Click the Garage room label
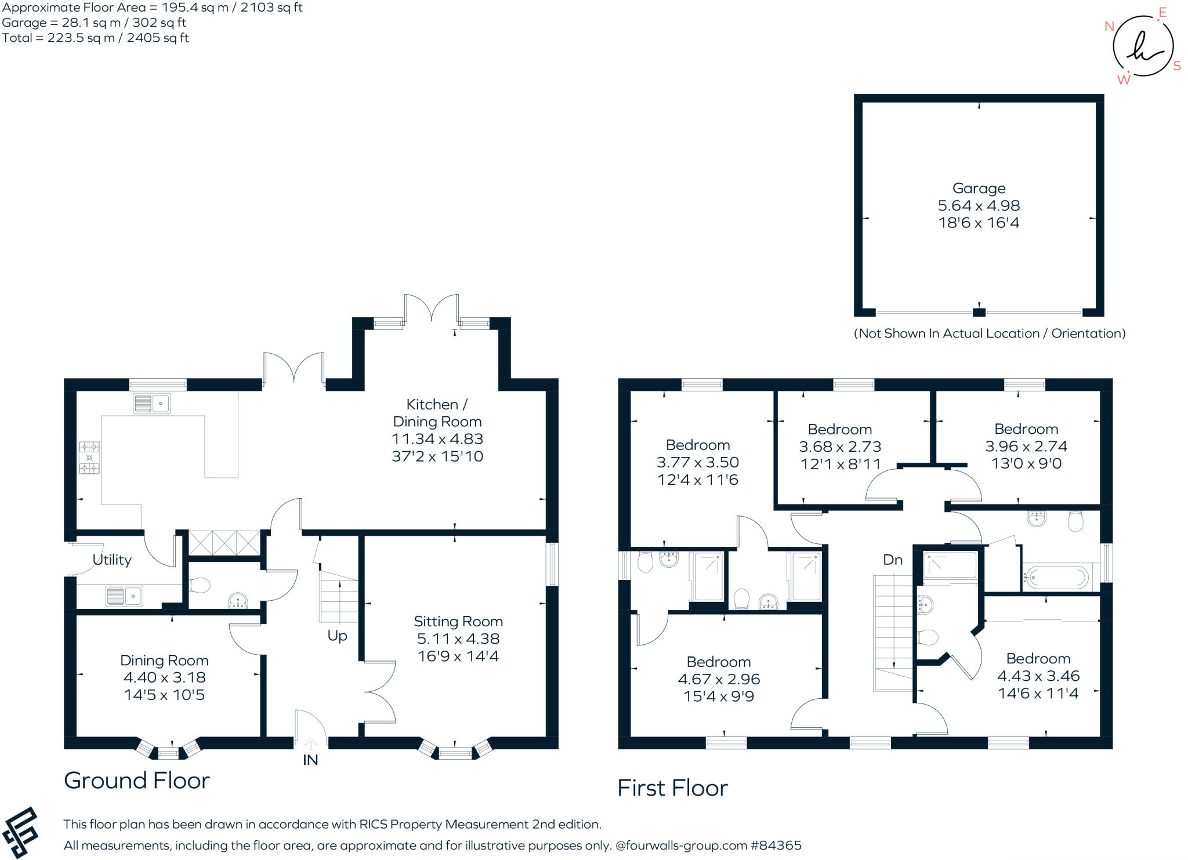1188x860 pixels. tap(979, 188)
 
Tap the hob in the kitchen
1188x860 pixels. tap(89, 458)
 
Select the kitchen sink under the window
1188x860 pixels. tap(152, 403)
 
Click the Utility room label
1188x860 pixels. tap(112, 560)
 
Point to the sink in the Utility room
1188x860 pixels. tap(125, 596)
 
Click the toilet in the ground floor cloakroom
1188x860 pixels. tap(200, 586)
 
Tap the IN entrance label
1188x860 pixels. tap(310, 760)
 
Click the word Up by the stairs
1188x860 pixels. tap(337, 636)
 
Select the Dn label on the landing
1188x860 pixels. tap(893, 560)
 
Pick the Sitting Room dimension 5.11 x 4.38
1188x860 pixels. tap(458, 639)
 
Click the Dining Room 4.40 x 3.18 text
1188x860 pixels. tap(164, 677)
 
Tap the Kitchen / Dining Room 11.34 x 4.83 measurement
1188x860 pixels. tap(437, 439)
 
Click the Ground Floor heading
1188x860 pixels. tap(137, 781)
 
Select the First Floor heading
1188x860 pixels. tap(672, 788)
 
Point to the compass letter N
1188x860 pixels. tap(1109, 26)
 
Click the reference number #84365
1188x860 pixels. tap(776, 846)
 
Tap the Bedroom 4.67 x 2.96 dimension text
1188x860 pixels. tap(719, 679)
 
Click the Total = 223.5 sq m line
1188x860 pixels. tap(95, 38)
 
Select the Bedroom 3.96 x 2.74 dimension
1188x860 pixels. tap(1026, 447)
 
